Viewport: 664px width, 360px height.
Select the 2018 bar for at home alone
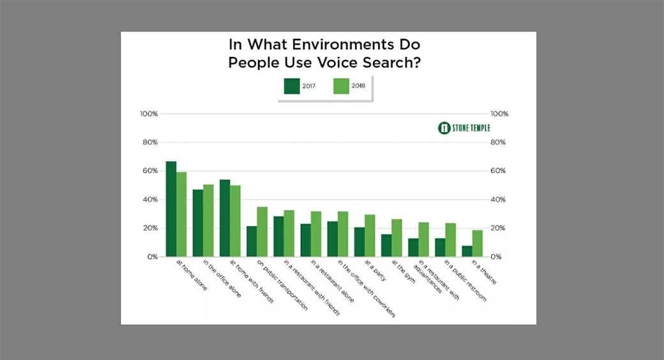pos(181,214)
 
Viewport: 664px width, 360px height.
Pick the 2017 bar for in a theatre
pos(467,251)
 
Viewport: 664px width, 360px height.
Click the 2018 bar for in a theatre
pos(477,243)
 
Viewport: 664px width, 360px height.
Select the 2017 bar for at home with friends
pos(225,218)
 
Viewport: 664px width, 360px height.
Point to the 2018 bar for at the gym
pos(396,237)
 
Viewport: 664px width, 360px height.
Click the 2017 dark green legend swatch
pos(292,86)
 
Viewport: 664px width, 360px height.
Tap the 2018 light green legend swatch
pos(341,86)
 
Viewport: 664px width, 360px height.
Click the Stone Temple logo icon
pos(444,128)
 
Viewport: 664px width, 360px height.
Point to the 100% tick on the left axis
pos(149,114)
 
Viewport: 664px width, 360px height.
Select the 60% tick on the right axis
pos(498,171)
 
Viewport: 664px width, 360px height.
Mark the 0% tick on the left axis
pos(152,257)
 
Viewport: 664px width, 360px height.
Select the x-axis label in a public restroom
pos(465,280)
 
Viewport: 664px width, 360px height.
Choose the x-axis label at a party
pos(375,271)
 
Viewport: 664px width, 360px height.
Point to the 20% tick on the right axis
pos(498,228)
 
